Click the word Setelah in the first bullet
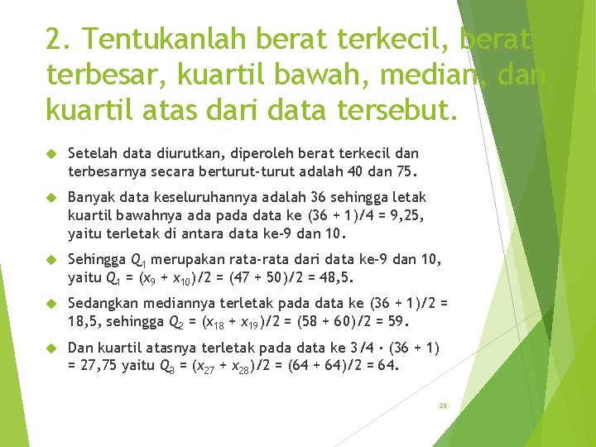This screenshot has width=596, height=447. click(x=89, y=154)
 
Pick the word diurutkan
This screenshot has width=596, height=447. click(x=189, y=154)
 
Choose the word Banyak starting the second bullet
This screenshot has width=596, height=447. click(x=89, y=197)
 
